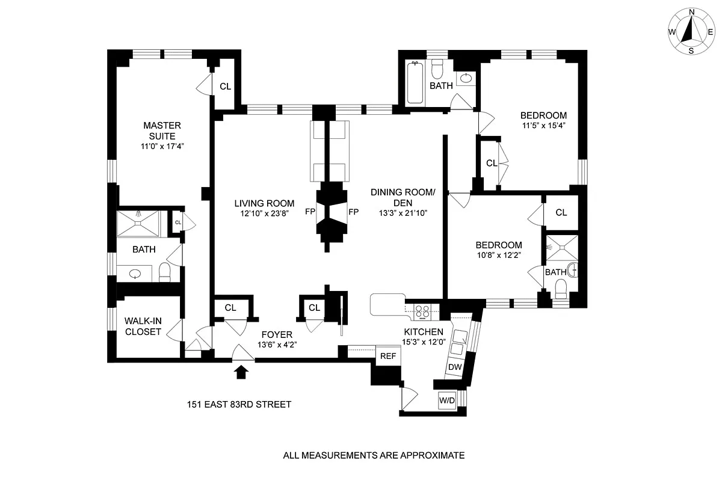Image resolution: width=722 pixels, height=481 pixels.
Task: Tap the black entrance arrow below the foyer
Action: click(x=241, y=372)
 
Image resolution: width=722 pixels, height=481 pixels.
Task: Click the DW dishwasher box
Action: click(x=454, y=367)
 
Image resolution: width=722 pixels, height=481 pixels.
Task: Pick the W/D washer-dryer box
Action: click(x=447, y=400)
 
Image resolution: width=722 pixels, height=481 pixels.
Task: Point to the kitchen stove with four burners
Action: click(x=423, y=311)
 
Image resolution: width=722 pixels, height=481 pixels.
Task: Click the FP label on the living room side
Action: click(x=310, y=212)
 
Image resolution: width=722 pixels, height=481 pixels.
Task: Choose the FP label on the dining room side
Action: click(x=353, y=212)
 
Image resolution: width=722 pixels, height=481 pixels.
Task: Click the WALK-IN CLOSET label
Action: click(x=143, y=326)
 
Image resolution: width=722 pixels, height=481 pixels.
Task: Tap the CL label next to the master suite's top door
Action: click(x=225, y=87)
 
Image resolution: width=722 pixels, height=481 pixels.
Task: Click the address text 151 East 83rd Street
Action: click(x=239, y=405)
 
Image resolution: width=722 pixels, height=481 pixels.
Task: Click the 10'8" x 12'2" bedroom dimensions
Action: click(x=499, y=255)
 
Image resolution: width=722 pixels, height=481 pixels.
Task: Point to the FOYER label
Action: click(x=277, y=335)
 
